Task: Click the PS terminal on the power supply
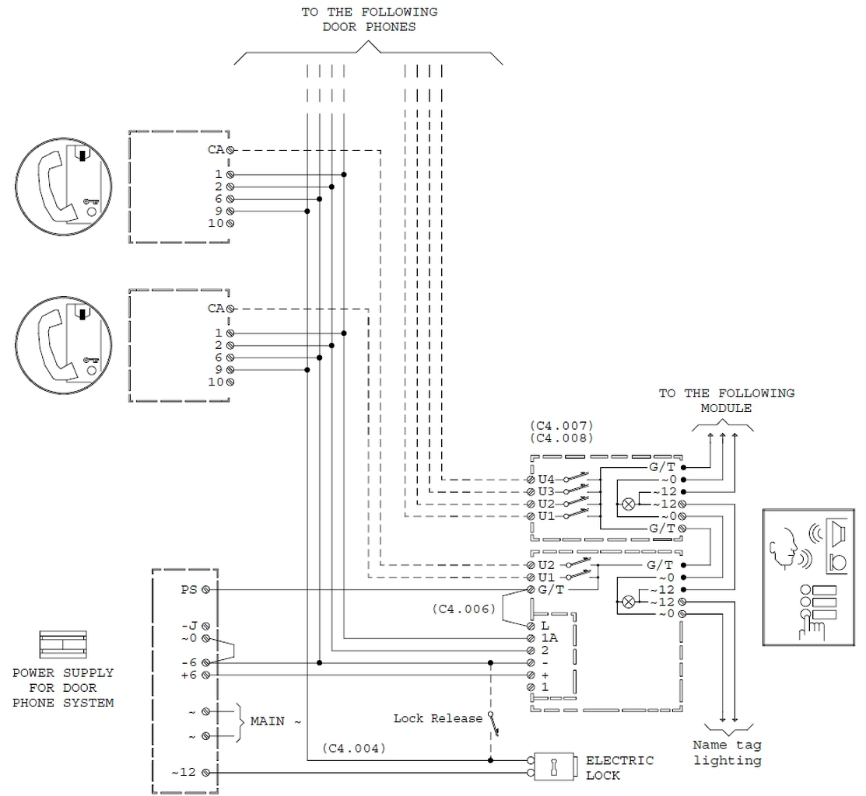pos(205,590)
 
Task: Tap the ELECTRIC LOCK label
pos(619,768)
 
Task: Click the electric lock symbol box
pos(554,766)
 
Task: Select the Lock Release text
pos(437,718)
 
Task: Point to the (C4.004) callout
pos(354,748)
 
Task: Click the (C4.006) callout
pos(464,609)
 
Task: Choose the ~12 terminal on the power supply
pos(205,772)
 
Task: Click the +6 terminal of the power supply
pos(205,676)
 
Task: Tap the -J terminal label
pos(189,626)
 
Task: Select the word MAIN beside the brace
pos(268,721)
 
